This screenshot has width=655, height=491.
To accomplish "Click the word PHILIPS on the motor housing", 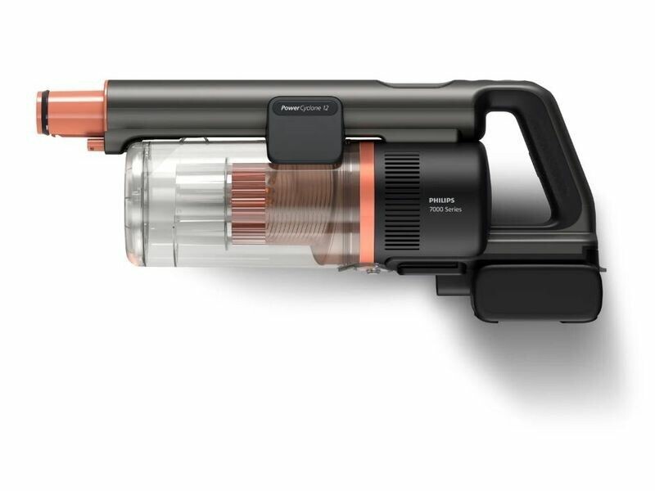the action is tap(441, 200).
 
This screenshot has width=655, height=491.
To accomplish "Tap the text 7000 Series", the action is tap(445, 209).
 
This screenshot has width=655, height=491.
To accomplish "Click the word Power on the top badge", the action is tap(290, 108).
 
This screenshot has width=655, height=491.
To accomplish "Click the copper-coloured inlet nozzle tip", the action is tap(70, 113).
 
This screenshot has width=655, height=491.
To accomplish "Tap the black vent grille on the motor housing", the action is tap(402, 201).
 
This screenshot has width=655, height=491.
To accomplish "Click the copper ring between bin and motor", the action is tap(367, 205).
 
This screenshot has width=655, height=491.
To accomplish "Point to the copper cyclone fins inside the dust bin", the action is tap(249, 203).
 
